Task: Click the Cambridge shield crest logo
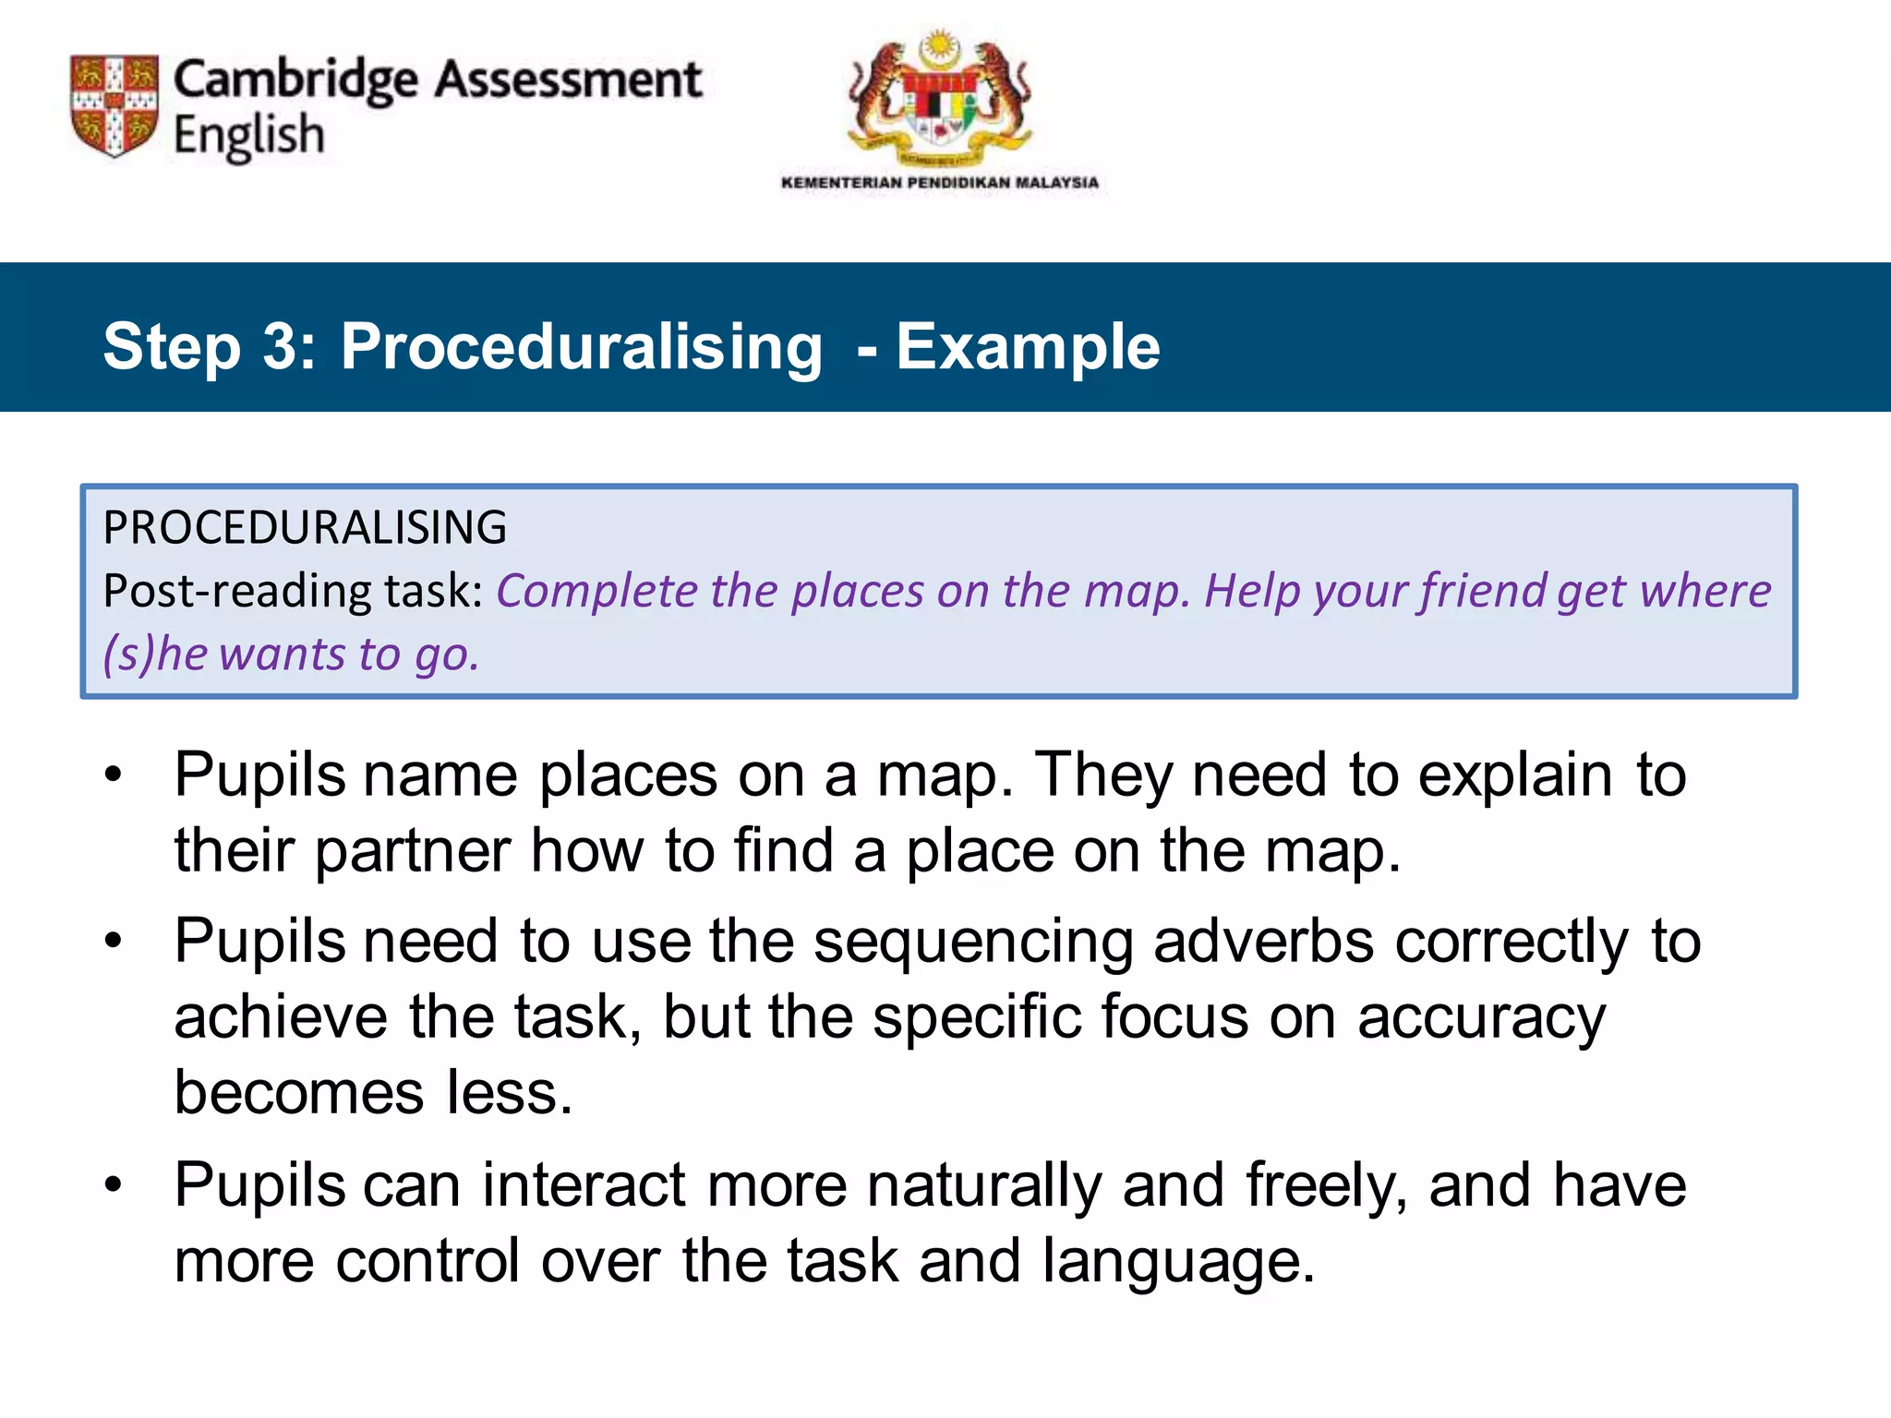[x=114, y=105]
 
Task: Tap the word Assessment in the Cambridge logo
[x=568, y=80]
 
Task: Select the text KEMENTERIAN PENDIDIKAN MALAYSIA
[x=940, y=183]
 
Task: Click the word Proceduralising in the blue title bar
[x=581, y=347]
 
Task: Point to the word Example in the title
[x=1028, y=347]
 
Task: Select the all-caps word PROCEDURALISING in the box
[x=305, y=528]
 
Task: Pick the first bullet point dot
[x=113, y=775]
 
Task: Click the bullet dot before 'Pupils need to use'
[x=113, y=942]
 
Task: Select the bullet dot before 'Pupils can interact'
[x=113, y=1185]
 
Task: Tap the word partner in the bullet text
[x=412, y=850]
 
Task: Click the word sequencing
[x=973, y=943]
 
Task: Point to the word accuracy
[x=1481, y=1018]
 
